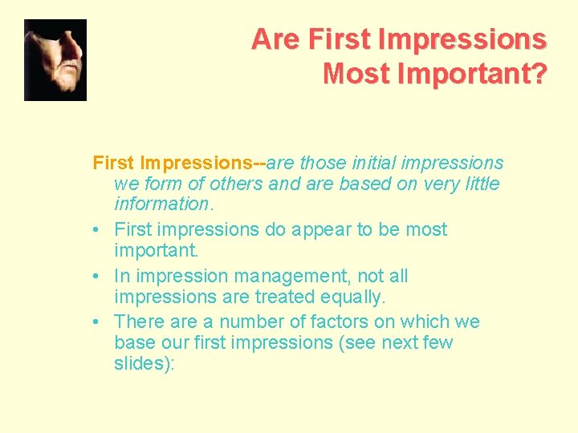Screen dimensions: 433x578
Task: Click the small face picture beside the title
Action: (x=55, y=60)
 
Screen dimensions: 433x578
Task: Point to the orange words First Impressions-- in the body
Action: (x=179, y=164)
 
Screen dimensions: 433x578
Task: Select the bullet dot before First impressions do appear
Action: (x=97, y=230)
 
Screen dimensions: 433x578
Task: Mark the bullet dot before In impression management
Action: (x=97, y=277)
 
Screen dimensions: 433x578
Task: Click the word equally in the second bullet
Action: (x=354, y=297)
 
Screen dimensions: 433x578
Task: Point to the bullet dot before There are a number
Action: (x=97, y=323)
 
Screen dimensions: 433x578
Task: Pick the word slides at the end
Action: (x=140, y=363)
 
